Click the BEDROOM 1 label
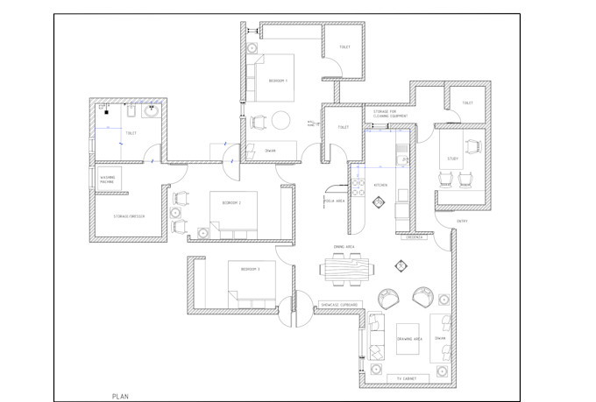point(278,81)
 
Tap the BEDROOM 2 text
point(231,202)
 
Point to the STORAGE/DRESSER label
point(128,215)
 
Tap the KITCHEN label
point(380,185)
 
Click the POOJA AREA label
point(334,201)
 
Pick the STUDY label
point(453,159)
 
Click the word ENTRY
point(462,221)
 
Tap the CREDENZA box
point(415,236)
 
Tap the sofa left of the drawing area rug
point(377,336)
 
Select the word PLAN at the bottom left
point(121,396)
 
